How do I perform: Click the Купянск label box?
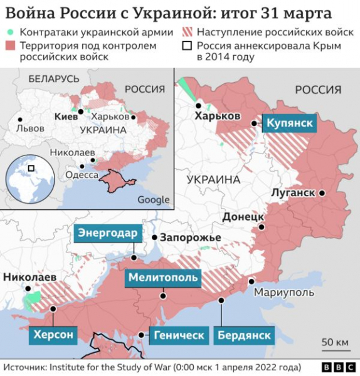289,123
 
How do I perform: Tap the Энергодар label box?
107,234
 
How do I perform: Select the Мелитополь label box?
163,278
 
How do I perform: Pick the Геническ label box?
179,335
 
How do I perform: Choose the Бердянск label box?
245,335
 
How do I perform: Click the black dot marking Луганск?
322,193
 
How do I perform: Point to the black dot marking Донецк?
262,227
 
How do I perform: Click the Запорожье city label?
190,238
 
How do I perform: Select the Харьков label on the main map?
218,117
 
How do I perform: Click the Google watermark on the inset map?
153,200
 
